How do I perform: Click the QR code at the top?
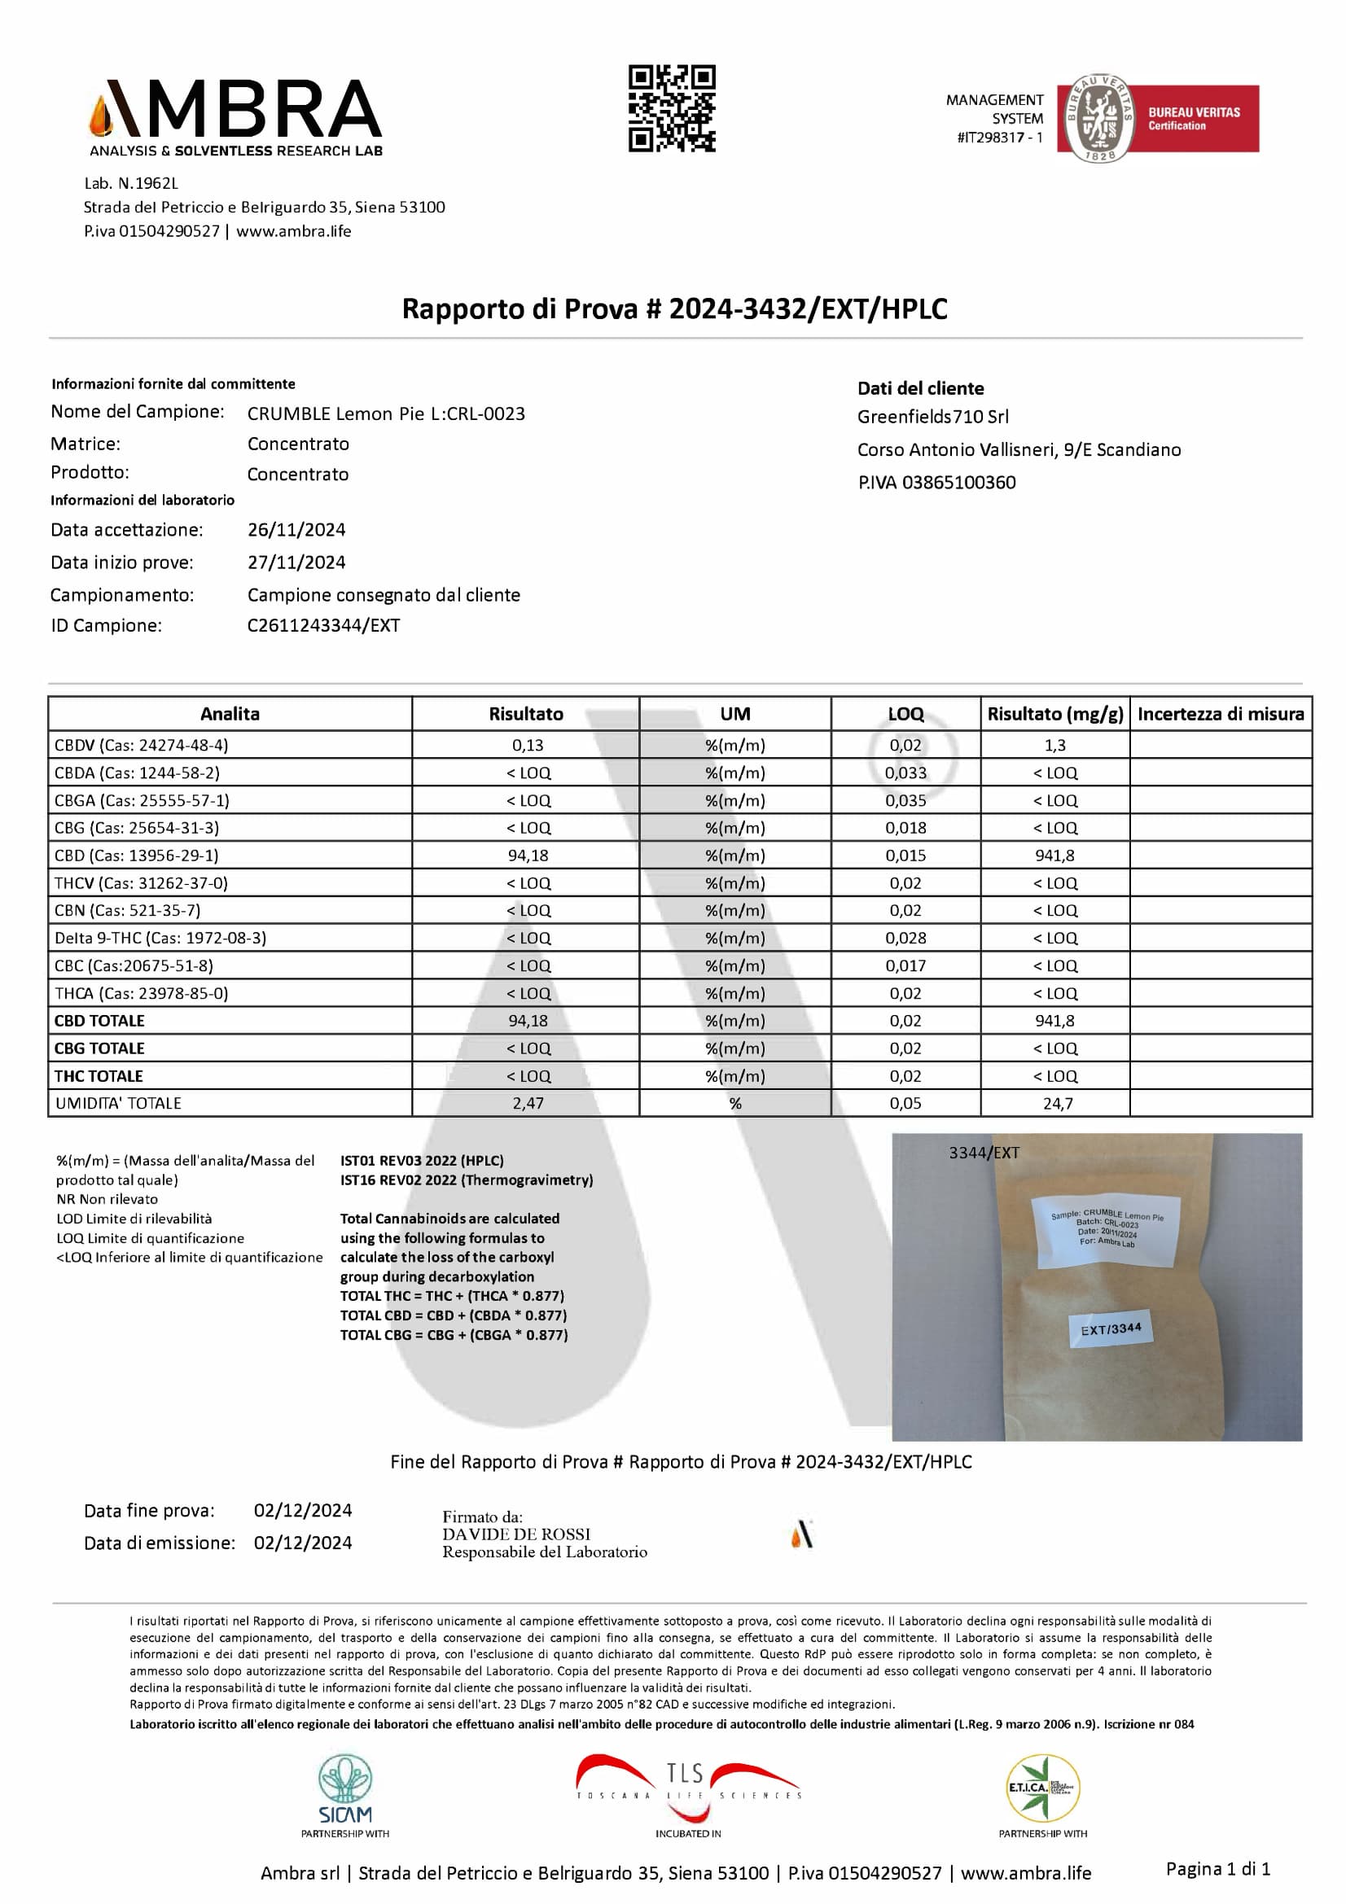tap(672, 108)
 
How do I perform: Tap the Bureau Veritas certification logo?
tap(1157, 118)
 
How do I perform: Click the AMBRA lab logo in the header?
tap(236, 118)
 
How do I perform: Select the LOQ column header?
tap(905, 714)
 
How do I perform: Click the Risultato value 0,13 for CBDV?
tap(528, 745)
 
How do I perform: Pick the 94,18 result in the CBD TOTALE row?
tap(528, 1021)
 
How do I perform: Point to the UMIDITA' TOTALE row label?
tap(119, 1103)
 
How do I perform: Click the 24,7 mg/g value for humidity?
tap(1058, 1104)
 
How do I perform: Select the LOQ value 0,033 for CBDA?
tap(905, 773)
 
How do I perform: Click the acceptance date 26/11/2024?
tap(296, 530)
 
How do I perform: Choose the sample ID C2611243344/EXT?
tap(323, 625)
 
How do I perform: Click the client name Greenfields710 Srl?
tap(932, 417)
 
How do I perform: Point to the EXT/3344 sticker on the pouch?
tap(1111, 1329)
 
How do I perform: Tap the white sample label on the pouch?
tap(1107, 1231)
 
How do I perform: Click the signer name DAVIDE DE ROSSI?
tap(515, 1534)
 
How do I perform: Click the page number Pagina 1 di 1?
tap(1217, 1868)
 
